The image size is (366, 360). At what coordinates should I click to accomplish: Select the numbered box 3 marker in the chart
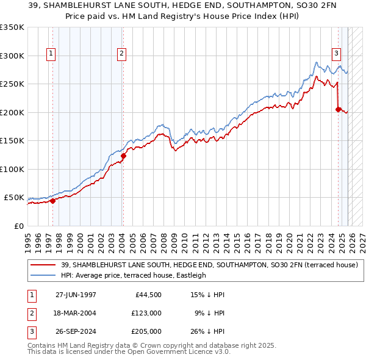click(x=336, y=53)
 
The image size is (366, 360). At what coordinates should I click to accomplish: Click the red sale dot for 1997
click(x=52, y=200)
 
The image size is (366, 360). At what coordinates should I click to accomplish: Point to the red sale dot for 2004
click(x=123, y=156)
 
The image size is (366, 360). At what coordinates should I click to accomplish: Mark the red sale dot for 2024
click(x=338, y=109)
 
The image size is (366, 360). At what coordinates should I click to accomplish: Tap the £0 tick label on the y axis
click(x=18, y=226)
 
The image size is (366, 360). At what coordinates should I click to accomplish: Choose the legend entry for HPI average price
click(x=134, y=275)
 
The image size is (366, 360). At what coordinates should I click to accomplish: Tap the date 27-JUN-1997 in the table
click(x=76, y=295)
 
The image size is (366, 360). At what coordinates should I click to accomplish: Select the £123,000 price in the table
click(x=146, y=313)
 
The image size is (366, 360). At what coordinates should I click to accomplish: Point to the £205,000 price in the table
click(x=146, y=331)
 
